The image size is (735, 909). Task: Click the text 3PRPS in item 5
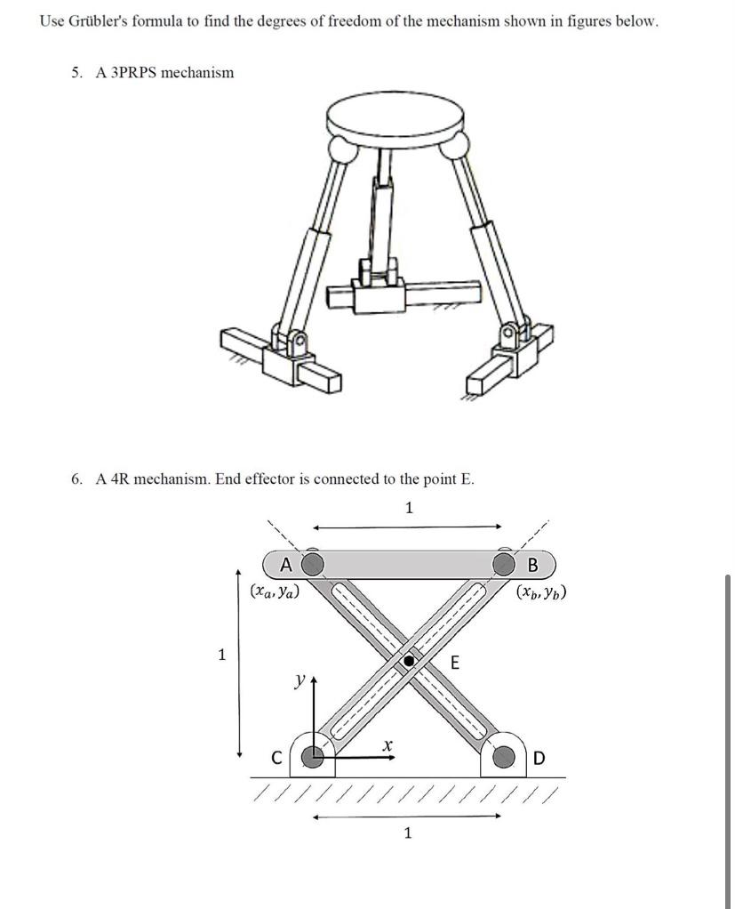click(x=131, y=72)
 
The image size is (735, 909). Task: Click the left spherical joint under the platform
click(x=341, y=147)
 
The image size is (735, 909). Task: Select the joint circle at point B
click(x=504, y=564)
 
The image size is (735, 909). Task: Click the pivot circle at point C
click(x=312, y=757)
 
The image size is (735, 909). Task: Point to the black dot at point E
click(x=409, y=661)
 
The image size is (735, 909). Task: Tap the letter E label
click(x=453, y=662)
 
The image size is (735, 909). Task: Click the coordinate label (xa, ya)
click(x=274, y=590)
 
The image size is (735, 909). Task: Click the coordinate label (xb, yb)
click(x=541, y=591)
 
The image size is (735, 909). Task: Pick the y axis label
click(x=300, y=680)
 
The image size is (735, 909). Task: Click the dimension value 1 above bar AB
click(x=408, y=508)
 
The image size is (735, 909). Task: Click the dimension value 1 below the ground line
click(x=408, y=833)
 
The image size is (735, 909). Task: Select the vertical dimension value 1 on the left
click(x=222, y=656)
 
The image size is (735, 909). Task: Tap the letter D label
click(x=540, y=759)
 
